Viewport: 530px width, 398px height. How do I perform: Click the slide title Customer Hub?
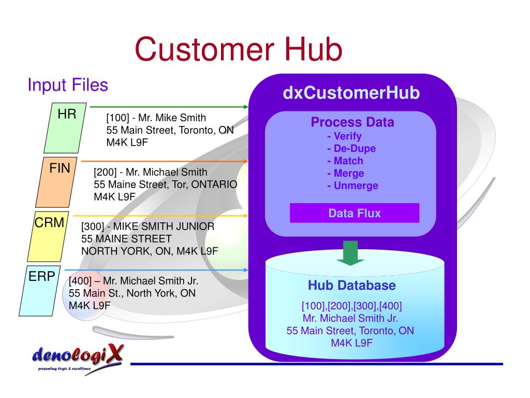[x=239, y=50]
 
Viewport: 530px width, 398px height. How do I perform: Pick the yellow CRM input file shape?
[x=47, y=236]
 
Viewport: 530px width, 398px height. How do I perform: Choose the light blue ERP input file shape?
[x=40, y=290]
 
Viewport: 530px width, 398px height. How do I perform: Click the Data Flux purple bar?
[x=355, y=213]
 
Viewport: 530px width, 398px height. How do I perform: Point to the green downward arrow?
[x=350, y=252]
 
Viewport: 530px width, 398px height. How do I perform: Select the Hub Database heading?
[x=352, y=285]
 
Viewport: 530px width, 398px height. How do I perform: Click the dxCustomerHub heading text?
[x=351, y=93]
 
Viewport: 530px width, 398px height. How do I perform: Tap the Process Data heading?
[x=352, y=122]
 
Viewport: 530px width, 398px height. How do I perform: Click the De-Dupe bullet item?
[x=351, y=149]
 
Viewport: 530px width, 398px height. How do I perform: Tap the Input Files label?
[x=67, y=84]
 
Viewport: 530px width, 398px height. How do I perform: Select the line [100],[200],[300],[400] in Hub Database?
[x=351, y=305]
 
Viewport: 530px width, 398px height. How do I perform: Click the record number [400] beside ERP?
[x=80, y=281]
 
